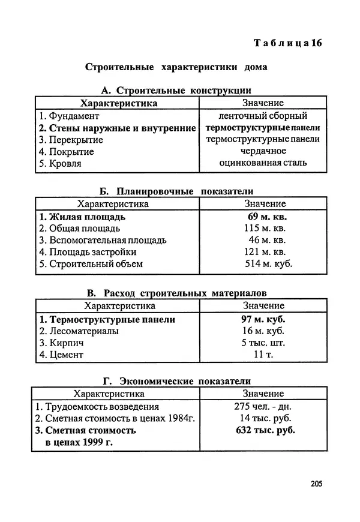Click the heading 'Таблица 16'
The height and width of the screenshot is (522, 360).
(x=288, y=43)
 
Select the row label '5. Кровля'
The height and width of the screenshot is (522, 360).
(x=60, y=163)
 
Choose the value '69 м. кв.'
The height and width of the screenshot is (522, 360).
(x=263, y=217)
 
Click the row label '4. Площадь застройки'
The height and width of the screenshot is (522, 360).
(x=88, y=252)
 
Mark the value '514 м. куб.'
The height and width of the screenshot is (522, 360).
(x=268, y=263)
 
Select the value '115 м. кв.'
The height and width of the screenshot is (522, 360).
(x=265, y=229)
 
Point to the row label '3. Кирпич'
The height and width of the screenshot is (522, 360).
(x=61, y=343)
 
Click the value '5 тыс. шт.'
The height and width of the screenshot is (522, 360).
(x=263, y=343)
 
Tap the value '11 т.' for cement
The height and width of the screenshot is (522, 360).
(x=263, y=355)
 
